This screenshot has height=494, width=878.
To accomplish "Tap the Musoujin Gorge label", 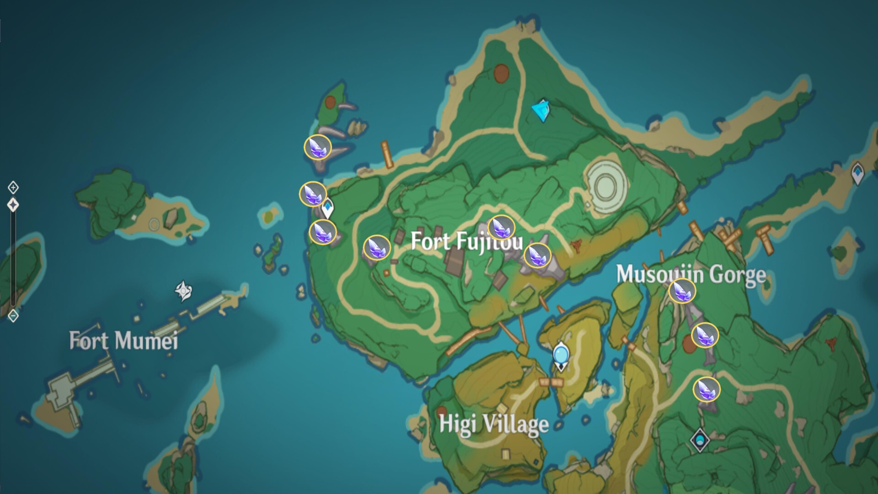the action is click(691, 274).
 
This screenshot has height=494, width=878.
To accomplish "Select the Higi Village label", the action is click(494, 424).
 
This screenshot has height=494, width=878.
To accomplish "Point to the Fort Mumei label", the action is click(123, 341).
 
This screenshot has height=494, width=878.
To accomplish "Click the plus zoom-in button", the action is click(13, 187).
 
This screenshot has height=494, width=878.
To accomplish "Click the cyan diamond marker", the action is click(542, 111).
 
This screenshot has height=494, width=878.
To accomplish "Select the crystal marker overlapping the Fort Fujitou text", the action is click(501, 227).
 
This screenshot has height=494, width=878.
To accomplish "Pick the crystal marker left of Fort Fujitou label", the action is click(377, 247).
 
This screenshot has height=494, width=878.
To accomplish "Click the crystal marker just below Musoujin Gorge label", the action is click(682, 290).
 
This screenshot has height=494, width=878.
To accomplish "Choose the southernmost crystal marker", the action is click(707, 389).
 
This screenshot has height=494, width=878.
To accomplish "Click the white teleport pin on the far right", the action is click(858, 173).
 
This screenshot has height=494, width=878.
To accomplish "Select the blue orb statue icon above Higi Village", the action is click(561, 356).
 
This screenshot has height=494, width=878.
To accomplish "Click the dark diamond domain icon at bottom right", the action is click(700, 440).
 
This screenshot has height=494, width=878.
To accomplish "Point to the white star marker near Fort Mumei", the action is click(183, 291).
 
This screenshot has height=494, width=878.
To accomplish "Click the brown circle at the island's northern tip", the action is click(502, 73).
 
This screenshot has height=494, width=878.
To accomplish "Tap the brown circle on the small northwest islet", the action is click(330, 102).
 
